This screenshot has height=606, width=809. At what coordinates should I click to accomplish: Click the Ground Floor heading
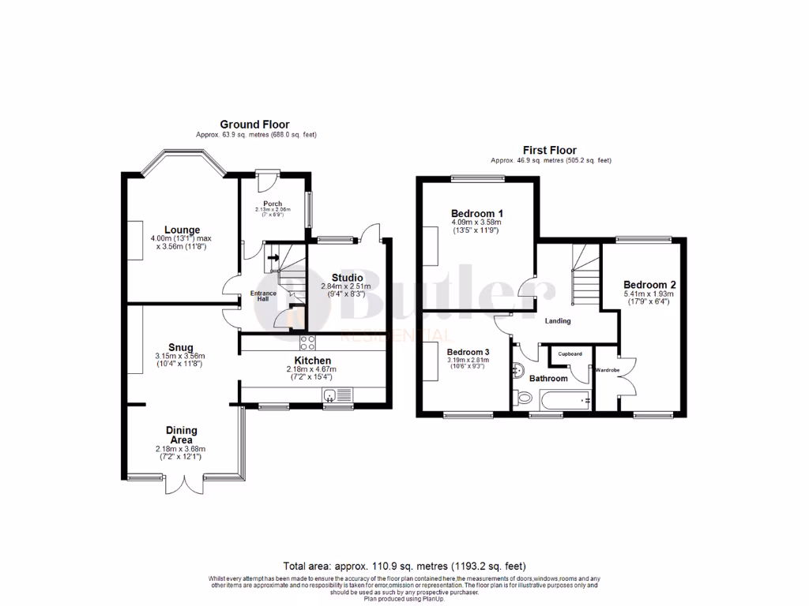254,125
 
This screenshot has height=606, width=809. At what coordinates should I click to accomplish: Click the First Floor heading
550,150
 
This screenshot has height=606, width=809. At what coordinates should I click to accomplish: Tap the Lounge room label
182,230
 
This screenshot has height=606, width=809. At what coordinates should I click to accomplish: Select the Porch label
273,204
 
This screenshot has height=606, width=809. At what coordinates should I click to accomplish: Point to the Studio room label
347,278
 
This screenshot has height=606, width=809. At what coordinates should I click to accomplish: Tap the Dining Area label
182,436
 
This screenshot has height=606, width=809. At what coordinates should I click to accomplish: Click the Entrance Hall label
263,296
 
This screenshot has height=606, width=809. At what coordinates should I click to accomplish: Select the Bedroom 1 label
477,214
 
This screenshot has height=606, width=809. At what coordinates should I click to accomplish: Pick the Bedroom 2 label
649,285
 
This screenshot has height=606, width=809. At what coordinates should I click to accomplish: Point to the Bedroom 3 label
468,352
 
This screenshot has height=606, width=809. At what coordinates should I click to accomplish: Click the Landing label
558,321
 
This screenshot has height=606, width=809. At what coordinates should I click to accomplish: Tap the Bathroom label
548,379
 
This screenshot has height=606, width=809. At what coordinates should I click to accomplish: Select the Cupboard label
570,353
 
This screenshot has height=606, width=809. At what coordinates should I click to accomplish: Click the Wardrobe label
607,369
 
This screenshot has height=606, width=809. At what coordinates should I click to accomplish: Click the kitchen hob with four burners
307,342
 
